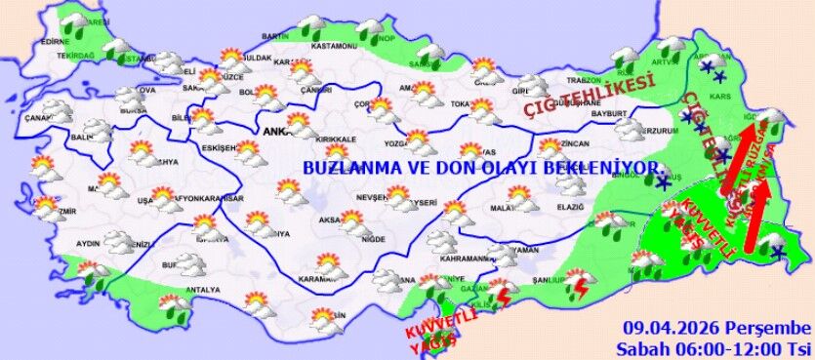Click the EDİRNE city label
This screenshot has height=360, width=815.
55,42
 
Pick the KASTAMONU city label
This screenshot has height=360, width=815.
334,46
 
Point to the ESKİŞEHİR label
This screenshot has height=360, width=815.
214,147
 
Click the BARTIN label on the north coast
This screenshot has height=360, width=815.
275,36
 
